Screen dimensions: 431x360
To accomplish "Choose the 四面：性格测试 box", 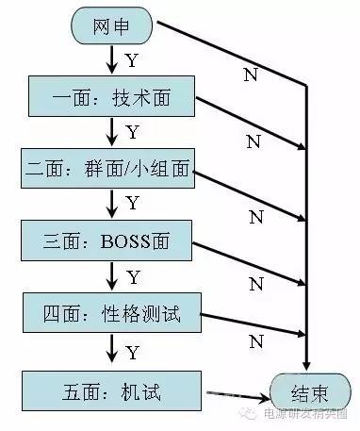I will [111, 310].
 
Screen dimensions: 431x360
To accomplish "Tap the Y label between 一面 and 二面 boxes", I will [132, 132].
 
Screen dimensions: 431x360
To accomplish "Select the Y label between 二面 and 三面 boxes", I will [132, 204].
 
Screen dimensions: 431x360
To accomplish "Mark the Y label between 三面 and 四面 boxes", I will [133, 277].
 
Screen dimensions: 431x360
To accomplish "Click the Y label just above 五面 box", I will [132, 352].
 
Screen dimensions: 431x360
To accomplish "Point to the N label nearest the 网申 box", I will [251, 74].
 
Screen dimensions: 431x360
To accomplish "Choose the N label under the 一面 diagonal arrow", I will [253, 141].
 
